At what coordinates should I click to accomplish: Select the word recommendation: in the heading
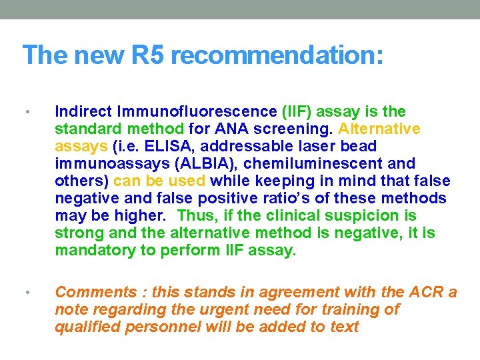[x=277, y=55]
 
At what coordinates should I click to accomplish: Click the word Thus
[x=197, y=215]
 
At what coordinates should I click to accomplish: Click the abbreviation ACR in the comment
[x=425, y=292]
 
